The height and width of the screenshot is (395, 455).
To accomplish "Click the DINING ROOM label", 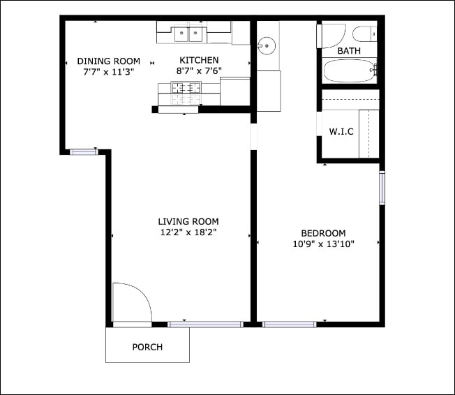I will (108, 61).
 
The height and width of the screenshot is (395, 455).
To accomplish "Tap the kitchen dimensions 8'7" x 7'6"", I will (199, 71).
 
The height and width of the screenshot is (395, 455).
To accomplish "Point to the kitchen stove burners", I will (186, 88).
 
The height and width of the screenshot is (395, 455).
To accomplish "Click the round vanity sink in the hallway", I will (266, 47).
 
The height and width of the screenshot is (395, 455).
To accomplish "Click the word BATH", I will (349, 52).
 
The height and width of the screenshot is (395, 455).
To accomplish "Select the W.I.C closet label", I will (341, 132).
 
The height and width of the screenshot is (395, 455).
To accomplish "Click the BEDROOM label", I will (323, 233).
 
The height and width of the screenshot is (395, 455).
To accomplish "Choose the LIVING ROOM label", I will (188, 222).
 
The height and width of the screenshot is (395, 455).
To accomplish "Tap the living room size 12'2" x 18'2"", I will (188, 232).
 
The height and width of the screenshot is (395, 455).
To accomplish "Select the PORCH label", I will (147, 347).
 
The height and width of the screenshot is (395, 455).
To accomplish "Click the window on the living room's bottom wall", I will (205, 324).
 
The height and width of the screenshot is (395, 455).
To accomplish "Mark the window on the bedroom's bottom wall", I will (289, 324).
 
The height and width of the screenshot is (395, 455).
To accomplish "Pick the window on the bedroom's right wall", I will (382, 188).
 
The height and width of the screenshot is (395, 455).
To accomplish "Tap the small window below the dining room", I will (83, 151).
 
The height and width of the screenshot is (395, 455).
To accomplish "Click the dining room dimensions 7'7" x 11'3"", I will (108, 71).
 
